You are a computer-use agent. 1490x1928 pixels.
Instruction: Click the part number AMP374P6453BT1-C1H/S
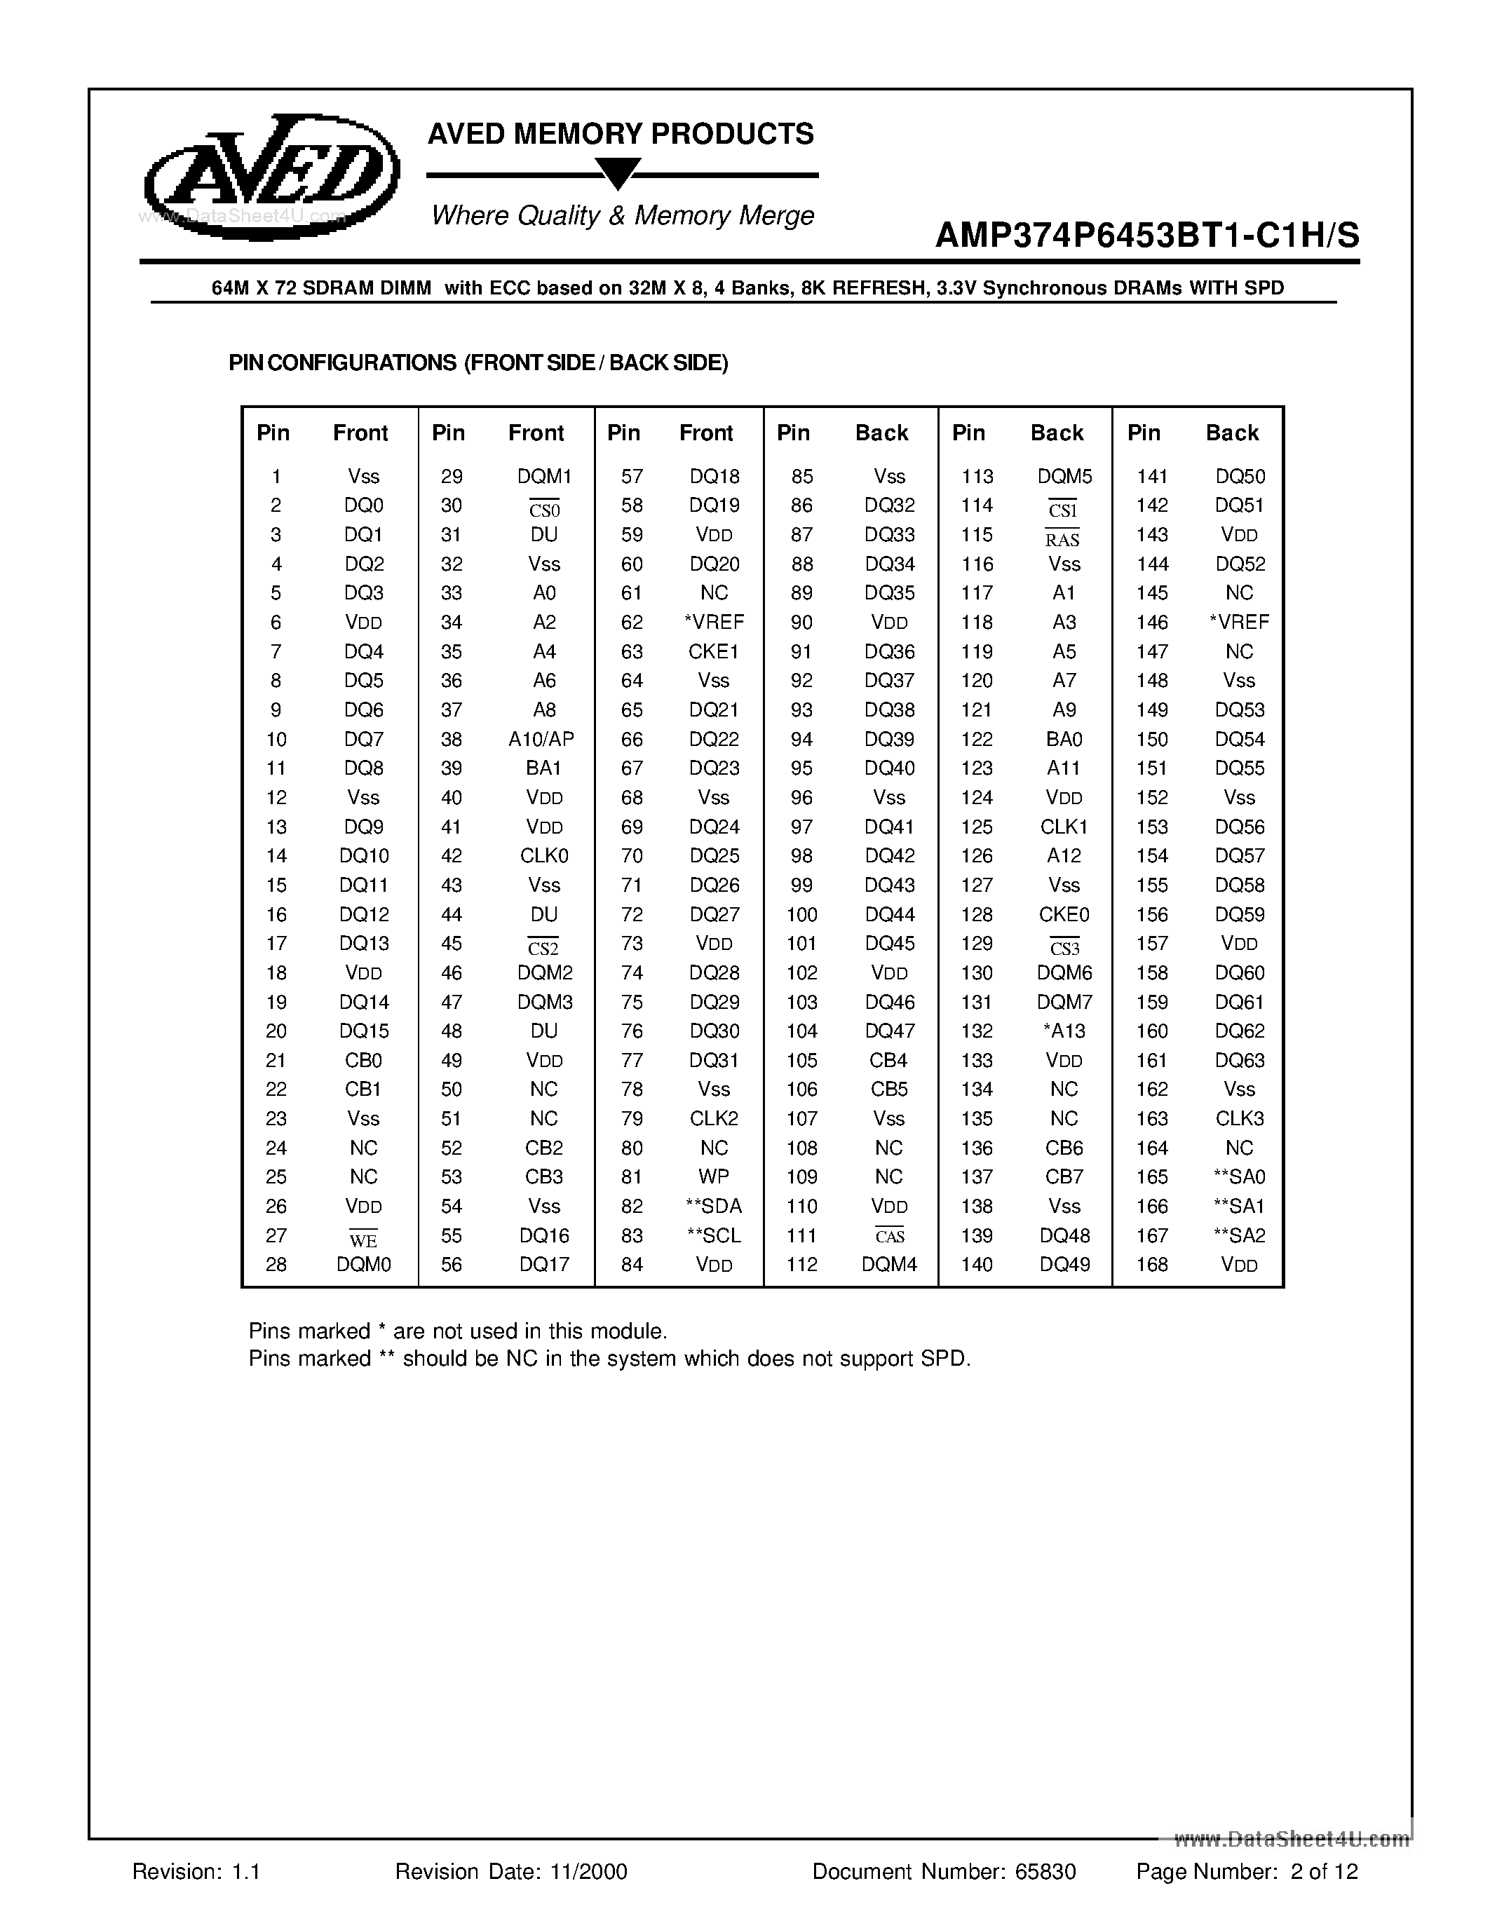[x=1146, y=236]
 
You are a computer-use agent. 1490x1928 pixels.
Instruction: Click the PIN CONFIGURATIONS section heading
[x=478, y=363]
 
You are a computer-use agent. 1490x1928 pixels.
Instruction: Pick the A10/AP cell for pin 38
[x=541, y=739]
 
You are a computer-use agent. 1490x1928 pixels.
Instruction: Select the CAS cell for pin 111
[x=889, y=1237]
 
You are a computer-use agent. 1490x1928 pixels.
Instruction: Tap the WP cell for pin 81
[x=713, y=1176]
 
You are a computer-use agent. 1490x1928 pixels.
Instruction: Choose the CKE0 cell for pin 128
[x=1064, y=914]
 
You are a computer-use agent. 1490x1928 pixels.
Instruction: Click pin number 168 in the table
[x=1152, y=1265]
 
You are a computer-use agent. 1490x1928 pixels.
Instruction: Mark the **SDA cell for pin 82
[x=713, y=1206]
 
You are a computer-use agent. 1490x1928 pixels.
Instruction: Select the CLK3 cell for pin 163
[x=1239, y=1118]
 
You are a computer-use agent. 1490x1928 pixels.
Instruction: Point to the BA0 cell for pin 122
[x=1064, y=739]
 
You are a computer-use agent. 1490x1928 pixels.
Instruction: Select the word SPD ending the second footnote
[x=948, y=1359]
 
